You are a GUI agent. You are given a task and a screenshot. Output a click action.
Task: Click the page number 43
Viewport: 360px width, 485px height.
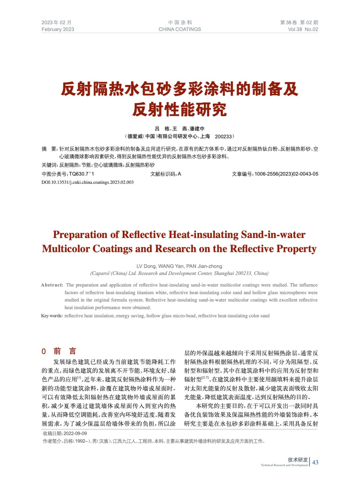[x=315, y=462]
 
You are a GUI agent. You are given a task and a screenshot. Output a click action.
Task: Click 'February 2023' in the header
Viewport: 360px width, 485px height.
[x=58, y=29]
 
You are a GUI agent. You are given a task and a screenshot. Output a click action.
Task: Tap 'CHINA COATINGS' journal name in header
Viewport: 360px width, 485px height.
[x=180, y=29]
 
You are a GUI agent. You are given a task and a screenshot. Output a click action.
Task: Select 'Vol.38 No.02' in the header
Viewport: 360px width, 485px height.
[x=303, y=29]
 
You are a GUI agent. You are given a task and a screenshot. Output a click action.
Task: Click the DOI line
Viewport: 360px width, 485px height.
[x=87, y=182]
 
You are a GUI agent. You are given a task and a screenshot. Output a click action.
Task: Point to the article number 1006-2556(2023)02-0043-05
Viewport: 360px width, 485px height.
[x=286, y=174]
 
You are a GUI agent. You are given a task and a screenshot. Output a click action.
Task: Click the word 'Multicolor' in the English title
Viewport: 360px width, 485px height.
[x=66, y=249]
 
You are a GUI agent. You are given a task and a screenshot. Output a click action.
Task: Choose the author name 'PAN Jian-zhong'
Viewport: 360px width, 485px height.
[x=204, y=266]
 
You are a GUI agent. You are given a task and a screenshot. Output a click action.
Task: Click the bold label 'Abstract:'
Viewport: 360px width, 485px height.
[x=52, y=285]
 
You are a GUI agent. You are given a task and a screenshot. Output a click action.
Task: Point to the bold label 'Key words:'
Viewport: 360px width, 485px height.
[x=52, y=316]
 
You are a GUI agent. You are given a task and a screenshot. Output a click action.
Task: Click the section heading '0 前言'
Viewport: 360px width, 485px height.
[x=59, y=351]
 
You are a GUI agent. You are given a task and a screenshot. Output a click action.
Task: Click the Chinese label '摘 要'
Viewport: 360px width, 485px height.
[x=49, y=149]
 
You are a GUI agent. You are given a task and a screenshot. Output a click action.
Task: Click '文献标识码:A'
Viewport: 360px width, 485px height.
[x=166, y=174]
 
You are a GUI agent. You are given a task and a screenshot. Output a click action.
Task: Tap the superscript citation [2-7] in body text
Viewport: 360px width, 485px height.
[x=205, y=378]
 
